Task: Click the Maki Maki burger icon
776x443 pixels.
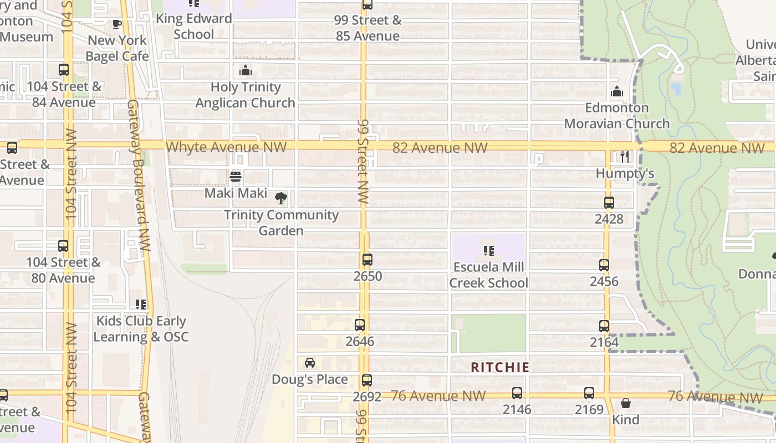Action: pos(236,177)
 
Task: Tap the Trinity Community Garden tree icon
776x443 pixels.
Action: pos(281,198)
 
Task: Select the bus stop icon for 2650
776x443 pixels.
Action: pos(367,259)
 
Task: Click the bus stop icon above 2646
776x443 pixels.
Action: pos(360,325)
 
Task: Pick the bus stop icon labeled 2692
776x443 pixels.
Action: pos(366,380)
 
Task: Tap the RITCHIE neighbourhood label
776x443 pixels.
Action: pos(500,367)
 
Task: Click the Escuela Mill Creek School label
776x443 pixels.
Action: pos(488,275)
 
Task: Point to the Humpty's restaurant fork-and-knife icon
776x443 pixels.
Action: pos(625,157)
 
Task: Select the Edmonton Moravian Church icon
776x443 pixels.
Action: pos(616,92)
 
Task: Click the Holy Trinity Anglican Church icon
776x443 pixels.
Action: pos(245,70)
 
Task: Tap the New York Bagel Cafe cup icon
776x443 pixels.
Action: pos(117,24)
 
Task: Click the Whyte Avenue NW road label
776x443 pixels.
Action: pos(226,147)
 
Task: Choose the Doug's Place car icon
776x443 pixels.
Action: pos(310,363)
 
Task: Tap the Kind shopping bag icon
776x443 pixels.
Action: pos(626,403)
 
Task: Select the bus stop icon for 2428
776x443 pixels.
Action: pos(609,203)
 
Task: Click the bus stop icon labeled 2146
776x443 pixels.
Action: pos(517,393)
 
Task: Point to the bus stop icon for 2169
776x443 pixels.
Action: pos(589,393)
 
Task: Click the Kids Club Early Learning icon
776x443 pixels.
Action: pos(141,304)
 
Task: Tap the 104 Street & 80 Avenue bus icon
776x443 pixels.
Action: pos(63,246)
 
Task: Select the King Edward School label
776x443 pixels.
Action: pos(193,26)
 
